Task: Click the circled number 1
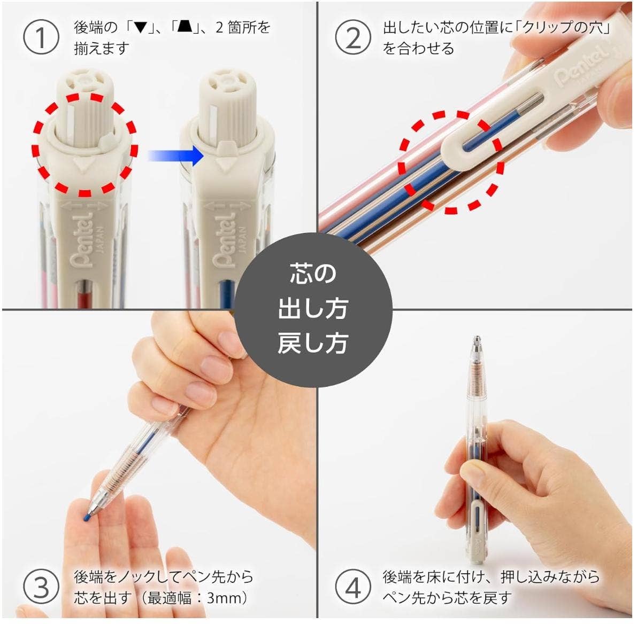coord(41,37)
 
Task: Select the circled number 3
coord(41,587)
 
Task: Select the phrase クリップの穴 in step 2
coord(562,28)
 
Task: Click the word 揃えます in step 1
coord(102,49)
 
